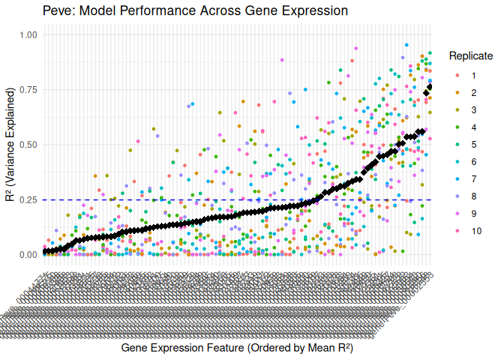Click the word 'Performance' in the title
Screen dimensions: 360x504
click(x=163, y=11)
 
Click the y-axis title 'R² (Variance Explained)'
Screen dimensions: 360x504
click(x=10, y=145)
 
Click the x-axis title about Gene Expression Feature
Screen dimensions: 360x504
click(x=236, y=349)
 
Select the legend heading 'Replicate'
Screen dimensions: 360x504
click(x=471, y=56)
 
